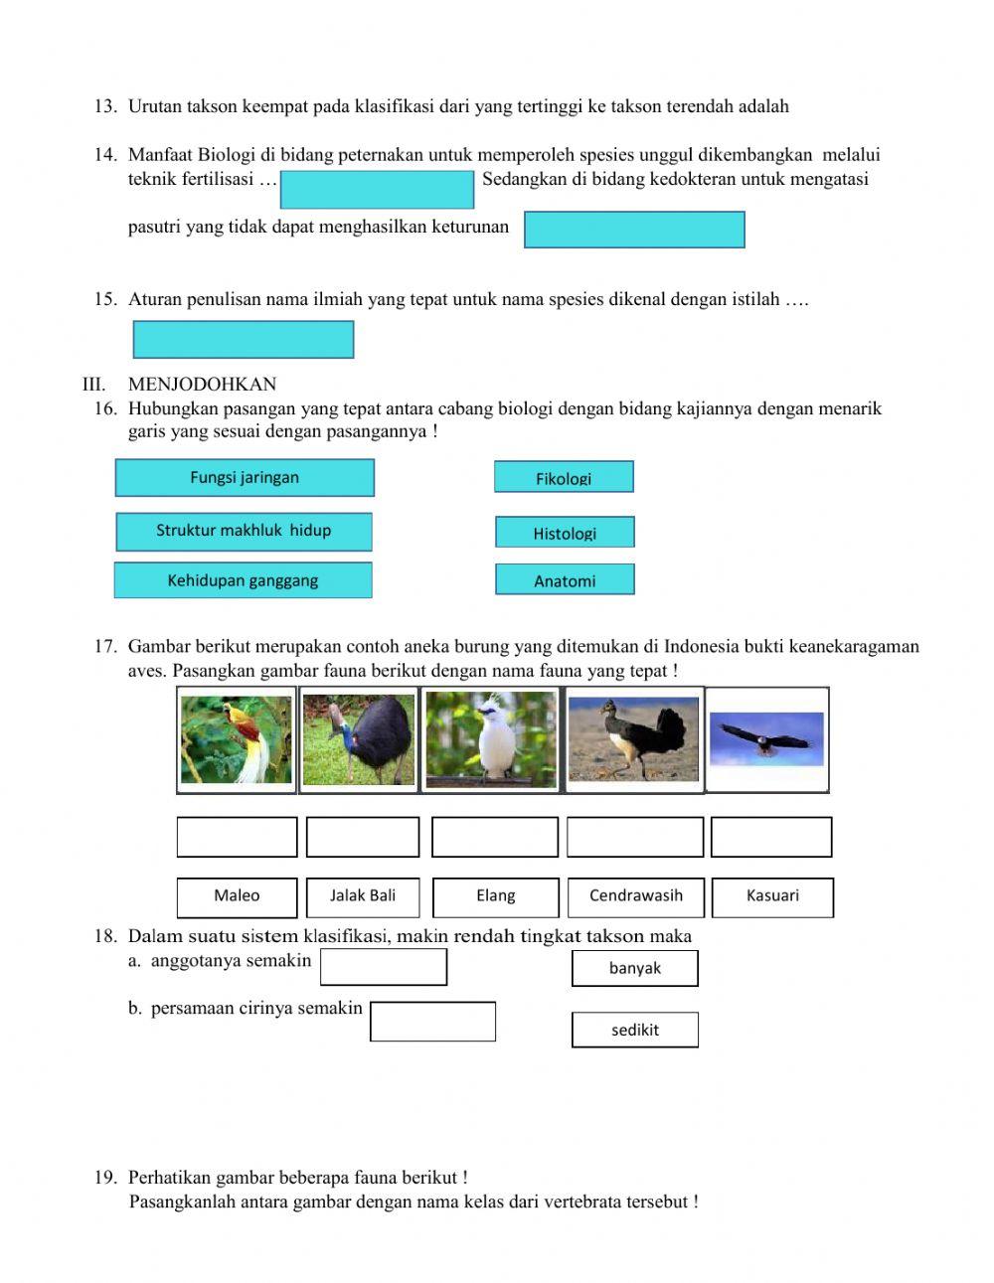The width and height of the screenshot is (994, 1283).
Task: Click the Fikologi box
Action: (564, 477)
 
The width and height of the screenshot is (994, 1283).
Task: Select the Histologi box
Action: (565, 533)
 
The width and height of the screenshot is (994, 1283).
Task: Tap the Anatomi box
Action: (565, 580)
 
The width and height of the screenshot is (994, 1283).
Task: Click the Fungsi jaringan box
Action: (245, 477)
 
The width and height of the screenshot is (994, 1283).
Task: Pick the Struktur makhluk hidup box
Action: (244, 531)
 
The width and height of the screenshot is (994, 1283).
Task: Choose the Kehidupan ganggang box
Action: (243, 580)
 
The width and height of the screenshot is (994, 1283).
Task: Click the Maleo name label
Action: (237, 896)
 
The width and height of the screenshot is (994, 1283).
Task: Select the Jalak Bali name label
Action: (363, 896)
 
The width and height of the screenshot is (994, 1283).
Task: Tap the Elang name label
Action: (495, 896)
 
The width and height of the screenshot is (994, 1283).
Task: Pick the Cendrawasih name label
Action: (636, 896)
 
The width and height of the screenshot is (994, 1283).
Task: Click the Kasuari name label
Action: (772, 896)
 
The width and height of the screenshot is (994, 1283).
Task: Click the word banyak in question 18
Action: (634, 968)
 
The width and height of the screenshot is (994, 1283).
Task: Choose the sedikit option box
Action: (634, 1030)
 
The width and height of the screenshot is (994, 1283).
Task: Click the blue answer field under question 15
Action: (244, 340)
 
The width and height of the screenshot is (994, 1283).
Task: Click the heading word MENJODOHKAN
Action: (202, 385)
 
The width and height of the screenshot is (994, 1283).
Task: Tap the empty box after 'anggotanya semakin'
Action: (384, 966)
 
